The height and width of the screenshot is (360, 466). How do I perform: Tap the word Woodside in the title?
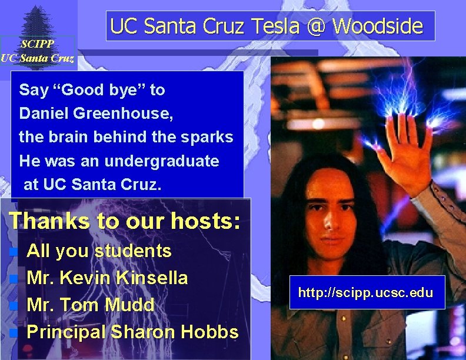point(378,26)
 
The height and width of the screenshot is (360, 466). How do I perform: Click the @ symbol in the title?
point(318,26)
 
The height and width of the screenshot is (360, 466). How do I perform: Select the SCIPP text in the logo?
point(37,44)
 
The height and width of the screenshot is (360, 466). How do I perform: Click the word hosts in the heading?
point(200,221)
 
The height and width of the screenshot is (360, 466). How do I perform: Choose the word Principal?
point(70,332)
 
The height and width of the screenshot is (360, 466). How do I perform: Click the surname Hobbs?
point(209,332)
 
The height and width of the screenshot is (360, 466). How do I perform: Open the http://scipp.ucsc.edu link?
point(367,292)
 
